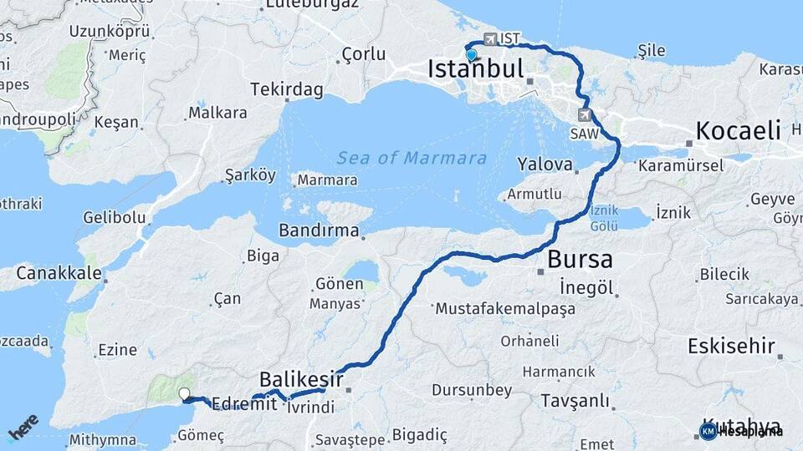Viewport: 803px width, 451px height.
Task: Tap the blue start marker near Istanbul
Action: click(x=472, y=55)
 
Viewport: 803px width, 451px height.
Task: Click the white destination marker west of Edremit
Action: click(x=184, y=394)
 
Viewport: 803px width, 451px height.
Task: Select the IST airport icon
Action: click(x=490, y=39)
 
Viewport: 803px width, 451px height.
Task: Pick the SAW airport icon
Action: click(x=584, y=115)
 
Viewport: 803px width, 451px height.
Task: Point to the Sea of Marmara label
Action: click(x=412, y=158)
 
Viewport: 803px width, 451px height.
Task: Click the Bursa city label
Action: click(x=580, y=259)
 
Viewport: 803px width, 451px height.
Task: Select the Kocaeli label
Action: click(x=738, y=130)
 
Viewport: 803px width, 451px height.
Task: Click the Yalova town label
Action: click(x=545, y=164)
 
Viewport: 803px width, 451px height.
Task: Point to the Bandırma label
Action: click(x=320, y=230)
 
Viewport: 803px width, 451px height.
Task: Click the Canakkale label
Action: click(x=59, y=273)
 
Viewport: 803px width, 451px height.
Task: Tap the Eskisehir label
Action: click(x=731, y=346)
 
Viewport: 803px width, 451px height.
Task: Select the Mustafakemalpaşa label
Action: click(x=505, y=309)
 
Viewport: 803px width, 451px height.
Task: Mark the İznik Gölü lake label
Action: click(x=604, y=219)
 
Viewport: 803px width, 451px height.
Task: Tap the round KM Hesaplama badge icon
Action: click(x=708, y=431)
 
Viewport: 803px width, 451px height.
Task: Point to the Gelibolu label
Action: click(x=115, y=218)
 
